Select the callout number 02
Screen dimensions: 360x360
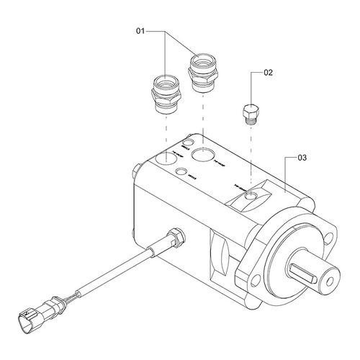coord(269,72)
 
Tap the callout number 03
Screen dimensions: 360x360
coord(302,156)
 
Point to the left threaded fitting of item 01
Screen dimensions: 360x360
coord(166,94)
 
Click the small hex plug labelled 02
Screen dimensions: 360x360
coord(248,111)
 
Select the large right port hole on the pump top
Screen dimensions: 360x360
coord(203,154)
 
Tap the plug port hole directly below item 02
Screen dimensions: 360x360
coord(249,190)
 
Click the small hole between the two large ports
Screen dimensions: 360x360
coord(182,171)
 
